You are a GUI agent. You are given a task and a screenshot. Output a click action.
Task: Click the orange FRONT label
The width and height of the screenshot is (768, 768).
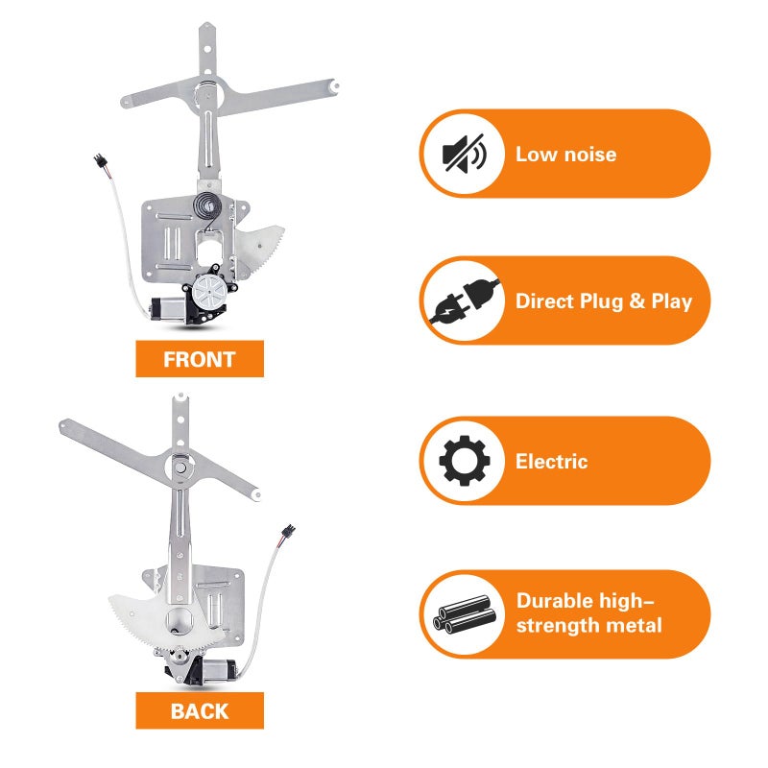point(200,358)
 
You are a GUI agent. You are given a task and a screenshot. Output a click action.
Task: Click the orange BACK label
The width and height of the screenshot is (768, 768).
point(200,710)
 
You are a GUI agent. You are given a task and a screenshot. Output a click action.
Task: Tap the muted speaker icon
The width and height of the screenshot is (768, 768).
point(464,154)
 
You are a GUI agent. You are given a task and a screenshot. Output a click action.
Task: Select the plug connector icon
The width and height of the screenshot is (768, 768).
point(464,300)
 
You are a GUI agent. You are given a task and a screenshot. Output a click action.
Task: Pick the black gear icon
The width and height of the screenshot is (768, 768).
point(465,461)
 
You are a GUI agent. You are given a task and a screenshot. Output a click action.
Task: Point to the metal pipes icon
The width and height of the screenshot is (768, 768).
point(465,614)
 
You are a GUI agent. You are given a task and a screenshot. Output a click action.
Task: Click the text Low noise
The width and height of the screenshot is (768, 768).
point(565,155)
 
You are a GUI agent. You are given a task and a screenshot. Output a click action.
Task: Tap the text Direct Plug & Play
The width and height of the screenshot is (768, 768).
point(604,301)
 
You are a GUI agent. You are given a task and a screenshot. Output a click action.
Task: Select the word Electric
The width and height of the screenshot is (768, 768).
point(551,462)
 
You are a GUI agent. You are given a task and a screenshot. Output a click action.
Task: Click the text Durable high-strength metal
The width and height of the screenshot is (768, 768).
point(588,613)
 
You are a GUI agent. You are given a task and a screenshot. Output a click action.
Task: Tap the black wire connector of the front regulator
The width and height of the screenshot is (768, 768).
point(100,162)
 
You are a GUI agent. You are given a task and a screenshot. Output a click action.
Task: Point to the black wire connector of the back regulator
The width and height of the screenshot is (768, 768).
point(287,533)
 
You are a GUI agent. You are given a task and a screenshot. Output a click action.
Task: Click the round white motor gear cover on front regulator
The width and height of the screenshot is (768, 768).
point(209,293)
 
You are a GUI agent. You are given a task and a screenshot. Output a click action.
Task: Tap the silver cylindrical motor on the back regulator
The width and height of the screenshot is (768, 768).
point(219,670)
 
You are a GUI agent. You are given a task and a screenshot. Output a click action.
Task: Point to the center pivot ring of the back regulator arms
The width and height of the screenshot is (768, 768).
point(180,467)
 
